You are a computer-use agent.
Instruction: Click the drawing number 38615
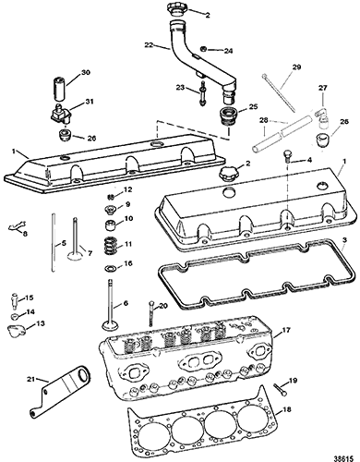344,456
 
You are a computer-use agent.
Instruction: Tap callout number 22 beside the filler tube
150,45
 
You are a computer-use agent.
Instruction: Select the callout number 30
85,73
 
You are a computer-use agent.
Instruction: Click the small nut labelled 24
203,49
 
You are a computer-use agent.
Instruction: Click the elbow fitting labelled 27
319,116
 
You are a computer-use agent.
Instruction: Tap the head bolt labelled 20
150,313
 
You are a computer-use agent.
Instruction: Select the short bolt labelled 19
280,389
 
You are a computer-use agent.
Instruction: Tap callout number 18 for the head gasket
286,410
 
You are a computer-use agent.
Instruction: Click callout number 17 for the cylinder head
286,331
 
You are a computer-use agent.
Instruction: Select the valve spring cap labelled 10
111,225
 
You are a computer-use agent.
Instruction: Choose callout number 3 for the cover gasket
344,239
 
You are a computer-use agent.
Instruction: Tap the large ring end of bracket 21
83,375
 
